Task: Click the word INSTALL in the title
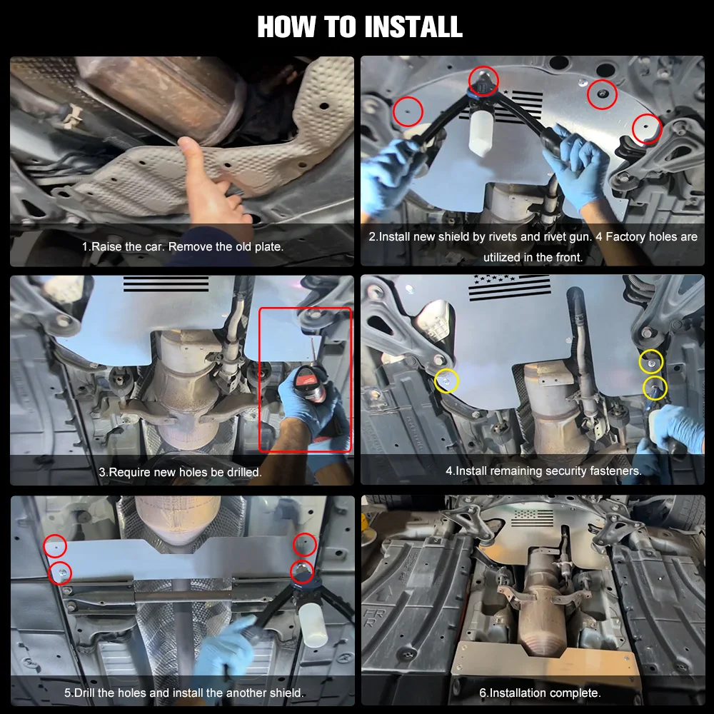pos(413,26)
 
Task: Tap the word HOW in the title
pos(286,26)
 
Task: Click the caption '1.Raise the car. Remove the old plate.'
pos(183,247)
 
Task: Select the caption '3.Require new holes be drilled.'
pos(181,472)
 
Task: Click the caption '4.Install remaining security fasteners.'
pos(543,471)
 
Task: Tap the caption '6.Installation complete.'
pos(540,693)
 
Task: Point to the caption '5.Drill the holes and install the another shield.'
pos(184,693)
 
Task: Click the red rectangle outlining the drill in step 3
pos(260,381)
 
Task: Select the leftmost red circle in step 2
pos(408,111)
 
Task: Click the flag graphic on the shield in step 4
pos(509,287)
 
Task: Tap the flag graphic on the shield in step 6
pos(533,518)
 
